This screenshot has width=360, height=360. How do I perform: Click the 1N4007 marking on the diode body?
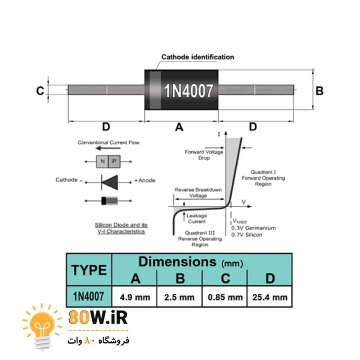pyautogui.click(x=188, y=91)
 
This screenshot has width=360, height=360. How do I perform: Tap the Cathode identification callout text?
pyautogui.click(x=198, y=57)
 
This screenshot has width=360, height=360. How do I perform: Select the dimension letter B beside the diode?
pyautogui.click(x=319, y=91)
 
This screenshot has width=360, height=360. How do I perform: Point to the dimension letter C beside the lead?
pyautogui.click(x=40, y=91)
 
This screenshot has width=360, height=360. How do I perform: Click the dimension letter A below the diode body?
pyautogui.click(x=179, y=127)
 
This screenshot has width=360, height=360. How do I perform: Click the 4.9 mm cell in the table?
pyautogui.click(x=134, y=297)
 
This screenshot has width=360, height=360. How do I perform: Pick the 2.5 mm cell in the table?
pyautogui.click(x=180, y=297)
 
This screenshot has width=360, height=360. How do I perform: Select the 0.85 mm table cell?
pyautogui.click(x=225, y=297)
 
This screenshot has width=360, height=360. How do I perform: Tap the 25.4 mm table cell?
pyautogui.click(x=270, y=297)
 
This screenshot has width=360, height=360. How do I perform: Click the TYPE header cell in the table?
pyautogui.click(x=89, y=270)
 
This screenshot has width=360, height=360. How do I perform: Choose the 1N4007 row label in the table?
pyautogui.click(x=89, y=297)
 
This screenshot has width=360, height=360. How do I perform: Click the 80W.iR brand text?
pyautogui.click(x=98, y=318)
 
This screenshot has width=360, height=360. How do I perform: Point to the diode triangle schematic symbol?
pyautogui.click(x=109, y=180)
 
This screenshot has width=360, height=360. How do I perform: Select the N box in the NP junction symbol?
pyautogui.click(x=103, y=161)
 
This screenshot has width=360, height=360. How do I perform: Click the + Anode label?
pyautogui.click(x=145, y=180)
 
